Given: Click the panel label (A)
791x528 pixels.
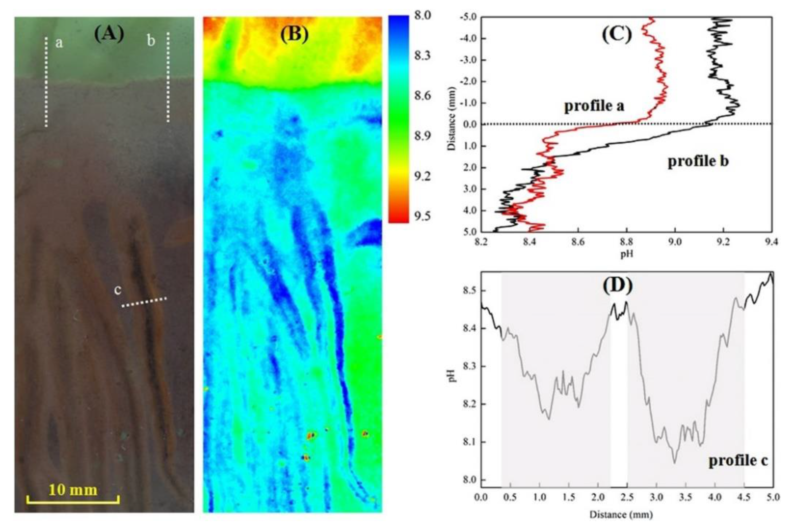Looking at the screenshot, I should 109,35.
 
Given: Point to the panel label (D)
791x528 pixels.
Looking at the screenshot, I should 618,285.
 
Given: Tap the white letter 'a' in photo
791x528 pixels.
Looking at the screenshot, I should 59,43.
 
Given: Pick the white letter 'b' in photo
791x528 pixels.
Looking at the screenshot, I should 151,41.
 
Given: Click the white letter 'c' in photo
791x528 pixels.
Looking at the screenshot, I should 117,290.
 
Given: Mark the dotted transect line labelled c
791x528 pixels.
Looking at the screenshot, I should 144,302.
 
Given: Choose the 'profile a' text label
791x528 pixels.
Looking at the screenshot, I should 594,106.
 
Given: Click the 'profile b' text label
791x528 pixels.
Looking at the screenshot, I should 698,161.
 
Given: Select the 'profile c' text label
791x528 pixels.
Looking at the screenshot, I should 738,460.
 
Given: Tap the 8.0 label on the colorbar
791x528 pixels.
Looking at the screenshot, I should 423,15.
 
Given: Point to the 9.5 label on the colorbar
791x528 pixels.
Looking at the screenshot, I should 423,216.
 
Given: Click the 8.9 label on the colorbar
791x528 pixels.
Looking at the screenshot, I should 423,136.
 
